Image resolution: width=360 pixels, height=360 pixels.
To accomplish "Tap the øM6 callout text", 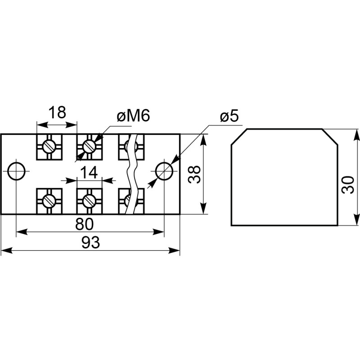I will click(133, 117).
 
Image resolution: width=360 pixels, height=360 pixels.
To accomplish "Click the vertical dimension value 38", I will click(194, 174).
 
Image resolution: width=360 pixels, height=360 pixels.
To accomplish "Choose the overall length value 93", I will click(90, 243).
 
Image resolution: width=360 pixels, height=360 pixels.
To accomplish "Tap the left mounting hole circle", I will click(17, 171).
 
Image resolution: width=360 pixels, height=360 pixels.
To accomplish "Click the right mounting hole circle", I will click(163, 171).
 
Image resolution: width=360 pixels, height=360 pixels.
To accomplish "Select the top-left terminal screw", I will click(49, 145).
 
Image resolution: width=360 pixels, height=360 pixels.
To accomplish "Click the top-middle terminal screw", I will click(89, 145).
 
